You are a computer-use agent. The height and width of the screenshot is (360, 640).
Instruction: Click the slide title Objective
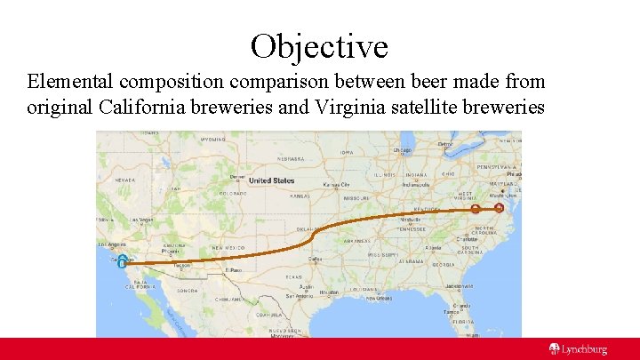tap(319, 44)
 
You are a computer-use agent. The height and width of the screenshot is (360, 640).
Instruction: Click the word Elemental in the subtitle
tap(69, 82)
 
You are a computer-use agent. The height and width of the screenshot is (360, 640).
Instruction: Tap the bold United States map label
tap(271, 180)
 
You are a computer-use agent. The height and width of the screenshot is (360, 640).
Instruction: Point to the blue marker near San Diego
tap(121, 260)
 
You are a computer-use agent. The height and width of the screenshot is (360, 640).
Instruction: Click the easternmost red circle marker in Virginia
tap(499, 208)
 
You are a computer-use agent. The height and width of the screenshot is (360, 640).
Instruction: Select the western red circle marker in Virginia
tap(476, 210)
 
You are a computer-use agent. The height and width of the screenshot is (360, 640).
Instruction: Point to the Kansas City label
tap(337, 185)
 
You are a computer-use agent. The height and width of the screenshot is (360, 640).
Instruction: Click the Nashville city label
tap(410, 219)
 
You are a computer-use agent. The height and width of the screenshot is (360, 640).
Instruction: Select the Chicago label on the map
tap(403, 150)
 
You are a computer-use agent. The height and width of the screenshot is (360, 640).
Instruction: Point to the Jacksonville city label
tap(460, 285)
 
